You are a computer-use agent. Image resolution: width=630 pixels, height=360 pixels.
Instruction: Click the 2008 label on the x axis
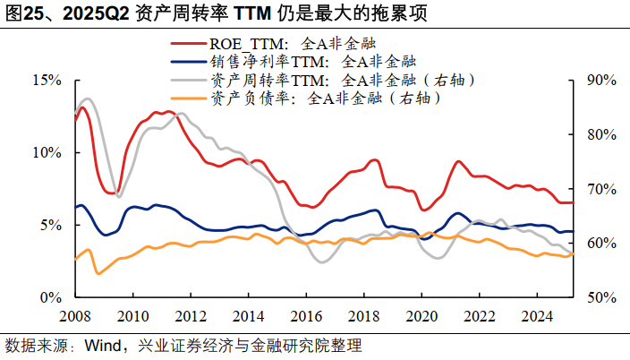[x=74, y=316]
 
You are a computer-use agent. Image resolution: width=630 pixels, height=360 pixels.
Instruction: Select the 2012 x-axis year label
[x=189, y=316]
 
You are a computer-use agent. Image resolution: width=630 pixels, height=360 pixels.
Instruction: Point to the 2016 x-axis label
[x=305, y=316]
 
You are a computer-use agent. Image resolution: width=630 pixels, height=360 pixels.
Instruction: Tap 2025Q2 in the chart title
[x=86, y=13]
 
